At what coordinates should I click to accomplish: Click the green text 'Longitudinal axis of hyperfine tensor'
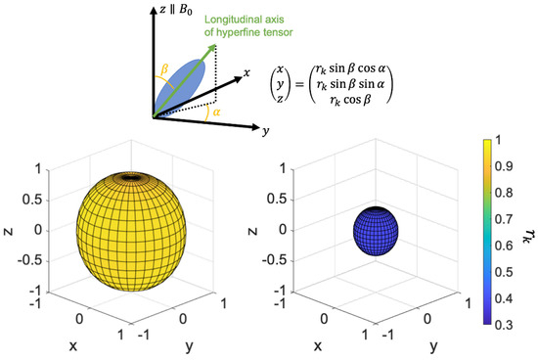pos(278,23)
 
